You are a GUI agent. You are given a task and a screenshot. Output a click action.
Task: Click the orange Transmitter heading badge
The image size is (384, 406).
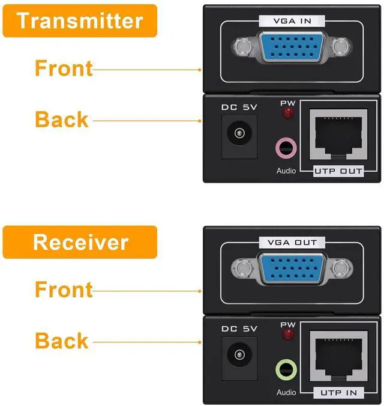[79, 21]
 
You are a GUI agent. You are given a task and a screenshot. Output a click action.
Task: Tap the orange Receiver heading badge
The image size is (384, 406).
[79, 242]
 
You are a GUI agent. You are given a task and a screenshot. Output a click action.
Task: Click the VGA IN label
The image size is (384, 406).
[292, 21]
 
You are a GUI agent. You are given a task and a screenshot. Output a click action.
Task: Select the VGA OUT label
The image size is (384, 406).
[292, 243]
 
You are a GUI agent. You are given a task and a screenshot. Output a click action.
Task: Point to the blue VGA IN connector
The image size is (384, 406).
[292, 47]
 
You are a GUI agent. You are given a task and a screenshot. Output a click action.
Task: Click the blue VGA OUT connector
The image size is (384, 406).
[292, 268]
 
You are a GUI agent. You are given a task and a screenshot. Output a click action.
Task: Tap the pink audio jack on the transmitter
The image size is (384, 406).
[286, 147]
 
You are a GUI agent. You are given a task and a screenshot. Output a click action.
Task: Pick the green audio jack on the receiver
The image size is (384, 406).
[286, 368]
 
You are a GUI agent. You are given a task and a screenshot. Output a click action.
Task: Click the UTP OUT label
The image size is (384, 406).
[338, 171]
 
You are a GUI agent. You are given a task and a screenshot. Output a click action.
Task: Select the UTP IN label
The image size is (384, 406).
[338, 393]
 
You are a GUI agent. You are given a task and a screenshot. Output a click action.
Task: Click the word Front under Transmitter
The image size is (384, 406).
[64, 68]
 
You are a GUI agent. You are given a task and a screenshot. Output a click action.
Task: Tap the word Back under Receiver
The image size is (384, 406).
[62, 341]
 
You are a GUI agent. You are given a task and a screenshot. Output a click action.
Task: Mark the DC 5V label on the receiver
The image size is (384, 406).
[239, 329]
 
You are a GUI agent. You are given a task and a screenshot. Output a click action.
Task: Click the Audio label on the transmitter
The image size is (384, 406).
[286, 171]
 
